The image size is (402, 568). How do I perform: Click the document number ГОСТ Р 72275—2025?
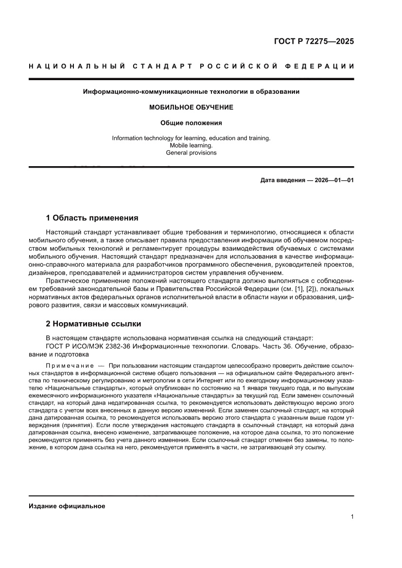(314, 41)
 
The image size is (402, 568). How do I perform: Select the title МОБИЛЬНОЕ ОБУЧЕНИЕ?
(191, 107)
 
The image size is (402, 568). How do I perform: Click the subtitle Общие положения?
(191, 123)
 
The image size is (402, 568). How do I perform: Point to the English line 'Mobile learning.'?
(191, 145)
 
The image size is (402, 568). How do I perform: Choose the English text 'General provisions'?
(191, 153)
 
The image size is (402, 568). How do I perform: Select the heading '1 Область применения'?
(92, 218)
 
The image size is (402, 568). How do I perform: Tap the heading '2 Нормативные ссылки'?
(93, 324)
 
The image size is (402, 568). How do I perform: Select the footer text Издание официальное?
(67, 506)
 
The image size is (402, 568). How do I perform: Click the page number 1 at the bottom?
(352, 517)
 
